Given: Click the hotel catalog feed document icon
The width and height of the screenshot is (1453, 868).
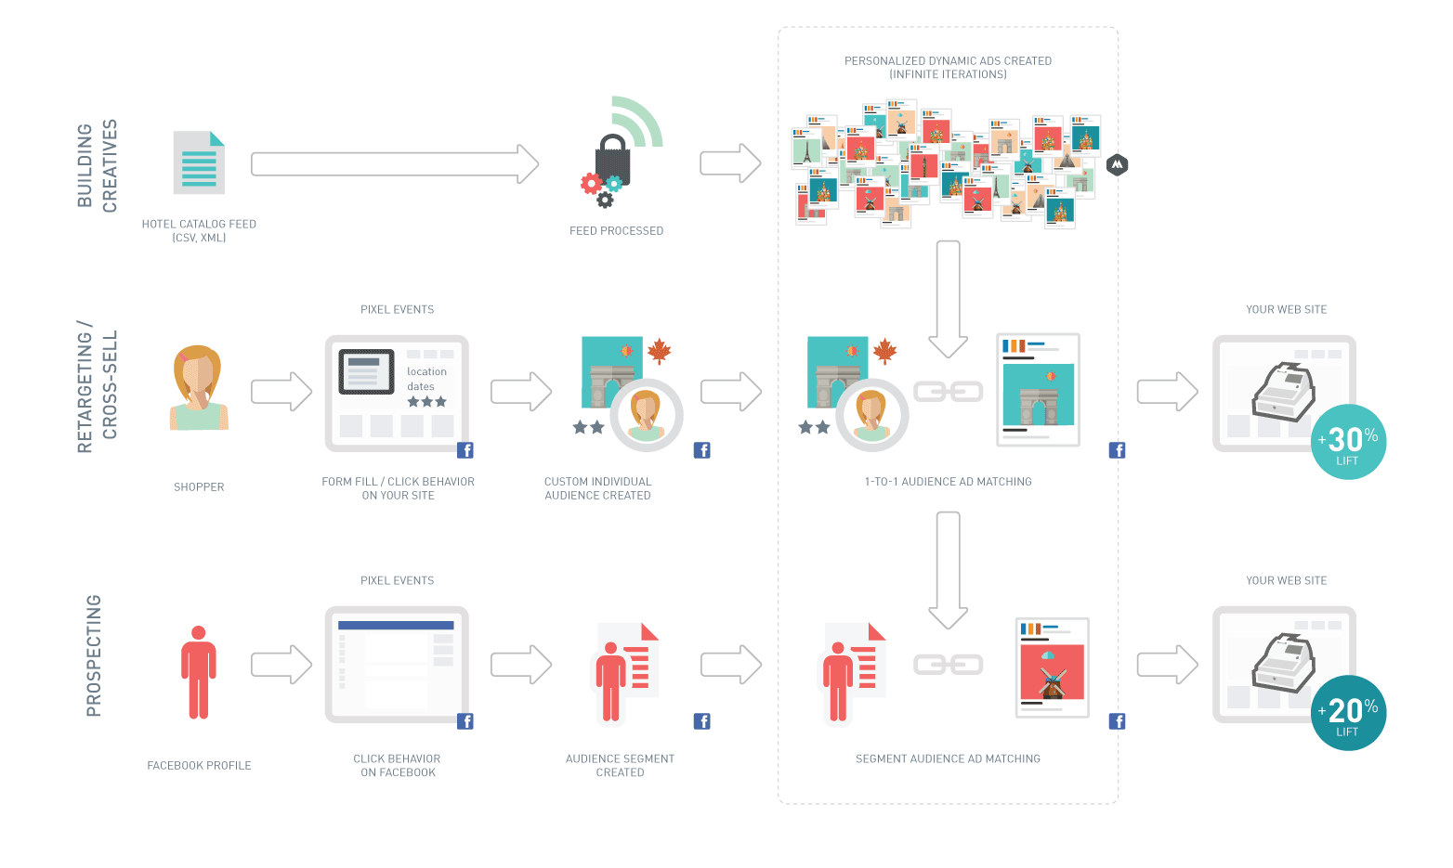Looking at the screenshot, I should pos(199,162).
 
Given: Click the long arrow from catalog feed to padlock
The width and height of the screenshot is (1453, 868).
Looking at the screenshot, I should pos(395,164).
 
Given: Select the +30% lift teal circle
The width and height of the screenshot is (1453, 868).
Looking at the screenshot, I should pos(1348,442).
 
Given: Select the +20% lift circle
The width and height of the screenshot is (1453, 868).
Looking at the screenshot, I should pos(1348,713).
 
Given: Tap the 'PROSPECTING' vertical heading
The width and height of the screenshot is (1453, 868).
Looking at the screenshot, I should pos(94,655).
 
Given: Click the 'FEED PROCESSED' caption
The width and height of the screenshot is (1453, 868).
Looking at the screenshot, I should pos(616,231).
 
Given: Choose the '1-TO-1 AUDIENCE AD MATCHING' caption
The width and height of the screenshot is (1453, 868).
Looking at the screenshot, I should pos(948,482).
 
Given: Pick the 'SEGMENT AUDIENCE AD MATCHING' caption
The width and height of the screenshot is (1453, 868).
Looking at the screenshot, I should pos(948,759).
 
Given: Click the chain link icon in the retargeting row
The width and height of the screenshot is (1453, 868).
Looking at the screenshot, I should pos(948,392).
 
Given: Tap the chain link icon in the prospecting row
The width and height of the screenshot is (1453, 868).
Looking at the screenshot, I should pos(948,665).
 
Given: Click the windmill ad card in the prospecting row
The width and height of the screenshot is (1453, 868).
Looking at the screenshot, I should pos(1052,667).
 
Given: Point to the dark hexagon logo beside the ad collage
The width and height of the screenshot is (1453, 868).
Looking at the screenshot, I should pos(1117,165).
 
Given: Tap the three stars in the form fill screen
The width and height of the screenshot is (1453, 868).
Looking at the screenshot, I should pos(427,402).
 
